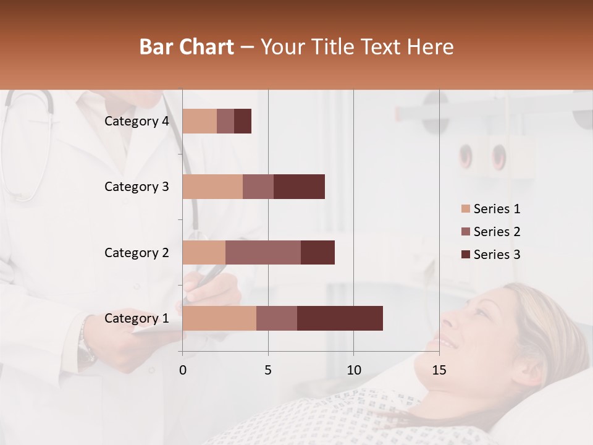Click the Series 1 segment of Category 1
point(219,318)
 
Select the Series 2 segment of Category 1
point(277,318)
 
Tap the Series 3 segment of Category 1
point(340,318)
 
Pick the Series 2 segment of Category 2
point(263,252)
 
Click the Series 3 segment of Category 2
point(318,252)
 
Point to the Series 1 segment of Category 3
point(212,187)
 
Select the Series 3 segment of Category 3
point(299,187)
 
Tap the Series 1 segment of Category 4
point(200,121)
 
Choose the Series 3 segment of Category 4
point(243,121)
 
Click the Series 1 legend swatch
point(466,209)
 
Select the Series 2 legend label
point(497,232)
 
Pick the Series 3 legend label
point(497,255)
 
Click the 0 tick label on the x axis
point(183,370)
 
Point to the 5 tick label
point(268,370)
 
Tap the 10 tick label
point(353,370)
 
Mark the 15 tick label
point(439,370)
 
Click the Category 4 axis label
point(137,121)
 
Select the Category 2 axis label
point(137,252)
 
